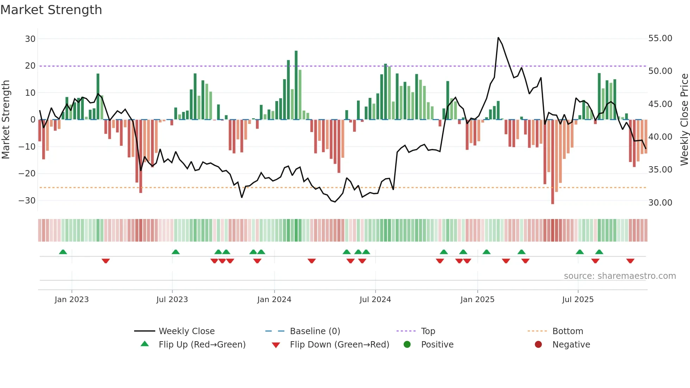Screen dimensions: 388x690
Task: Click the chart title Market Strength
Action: click(x=51, y=10)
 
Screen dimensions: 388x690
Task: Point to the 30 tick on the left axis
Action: click(x=30, y=39)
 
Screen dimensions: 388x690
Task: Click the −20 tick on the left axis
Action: click(x=27, y=174)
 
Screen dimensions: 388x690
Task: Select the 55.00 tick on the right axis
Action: click(x=660, y=38)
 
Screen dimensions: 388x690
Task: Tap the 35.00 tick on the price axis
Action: click(x=660, y=170)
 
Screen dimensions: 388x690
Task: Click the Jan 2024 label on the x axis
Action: click(x=274, y=300)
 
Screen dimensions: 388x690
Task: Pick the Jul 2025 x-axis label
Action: click(x=578, y=300)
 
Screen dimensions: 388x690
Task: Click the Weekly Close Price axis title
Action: click(x=684, y=120)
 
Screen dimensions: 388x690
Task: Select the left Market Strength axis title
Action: click(x=6, y=120)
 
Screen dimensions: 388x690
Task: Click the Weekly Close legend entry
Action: click(x=187, y=331)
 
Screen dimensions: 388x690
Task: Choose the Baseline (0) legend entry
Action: click(x=315, y=331)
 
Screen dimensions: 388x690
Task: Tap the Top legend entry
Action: click(x=428, y=331)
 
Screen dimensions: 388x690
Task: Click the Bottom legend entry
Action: click(x=567, y=331)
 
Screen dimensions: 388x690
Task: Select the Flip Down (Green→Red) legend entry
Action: click(x=339, y=345)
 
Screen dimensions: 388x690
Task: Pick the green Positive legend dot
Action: click(x=407, y=345)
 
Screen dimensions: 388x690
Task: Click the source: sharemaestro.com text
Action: click(x=620, y=276)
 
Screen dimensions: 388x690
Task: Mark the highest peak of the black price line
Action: click(x=498, y=38)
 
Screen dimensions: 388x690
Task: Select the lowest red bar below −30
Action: click(x=552, y=162)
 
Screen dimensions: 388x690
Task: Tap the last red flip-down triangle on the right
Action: click(x=630, y=261)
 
